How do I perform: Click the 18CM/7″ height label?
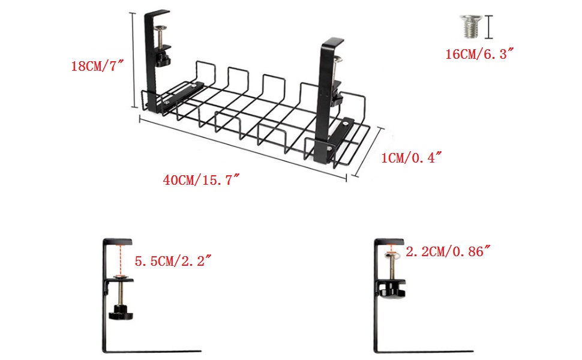tap(97, 66)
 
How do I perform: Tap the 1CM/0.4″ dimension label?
tap(412, 158)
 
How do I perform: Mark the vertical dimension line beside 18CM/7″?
tap(133, 60)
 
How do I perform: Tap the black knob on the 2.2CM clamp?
tap(392, 290)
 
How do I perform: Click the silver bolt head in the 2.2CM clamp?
tap(389, 257)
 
